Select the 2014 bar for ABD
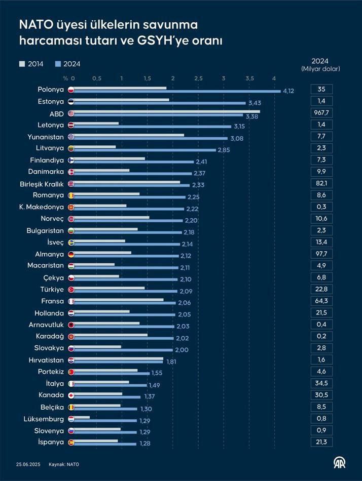(167, 111)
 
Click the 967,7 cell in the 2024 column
(321, 112)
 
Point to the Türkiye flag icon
(71, 289)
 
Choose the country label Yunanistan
(45, 136)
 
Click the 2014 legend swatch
(22, 64)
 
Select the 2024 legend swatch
(58, 64)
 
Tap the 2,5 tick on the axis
(198, 78)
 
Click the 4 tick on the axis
(274, 78)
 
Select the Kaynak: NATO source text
(64, 464)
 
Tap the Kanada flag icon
(71, 395)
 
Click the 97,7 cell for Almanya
(321, 254)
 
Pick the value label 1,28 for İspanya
(146, 444)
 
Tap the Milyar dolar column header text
(321, 69)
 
